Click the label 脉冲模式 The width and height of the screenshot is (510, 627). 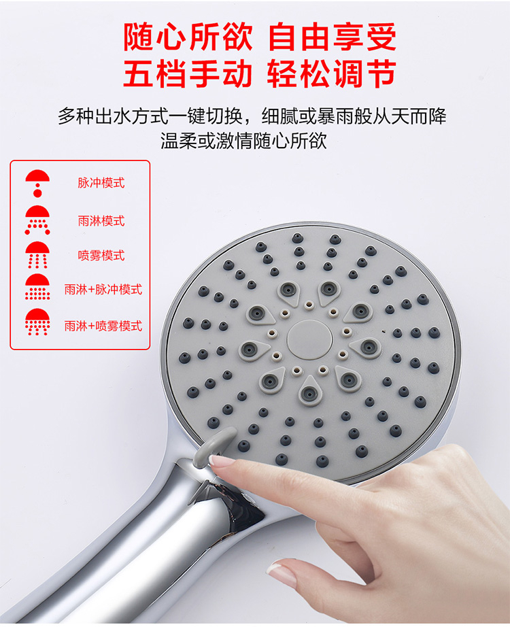tap(101, 183)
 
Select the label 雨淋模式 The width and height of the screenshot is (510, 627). tap(101, 221)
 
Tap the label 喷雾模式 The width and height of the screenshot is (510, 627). tap(101, 255)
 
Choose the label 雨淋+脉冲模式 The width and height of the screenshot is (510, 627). tap(103, 290)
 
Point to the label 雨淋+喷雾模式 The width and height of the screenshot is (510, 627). tap(103, 326)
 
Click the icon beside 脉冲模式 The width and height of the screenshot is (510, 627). tap(37, 184)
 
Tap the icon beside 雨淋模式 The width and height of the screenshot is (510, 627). tap(37, 220)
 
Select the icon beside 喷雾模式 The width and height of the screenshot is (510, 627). tap(37, 255)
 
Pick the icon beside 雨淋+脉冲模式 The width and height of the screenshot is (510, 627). tap(37, 287)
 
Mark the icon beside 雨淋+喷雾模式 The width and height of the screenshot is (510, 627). tap(37, 322)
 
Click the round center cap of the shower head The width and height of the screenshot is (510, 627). tap(310, 339)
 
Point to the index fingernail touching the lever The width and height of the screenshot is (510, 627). tap(222, 460)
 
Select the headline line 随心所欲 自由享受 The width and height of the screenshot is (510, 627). tap(260, 37)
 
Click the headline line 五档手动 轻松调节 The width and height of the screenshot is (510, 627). tap(260, 73)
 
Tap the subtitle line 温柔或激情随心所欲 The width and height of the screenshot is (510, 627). tap(243, 140)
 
